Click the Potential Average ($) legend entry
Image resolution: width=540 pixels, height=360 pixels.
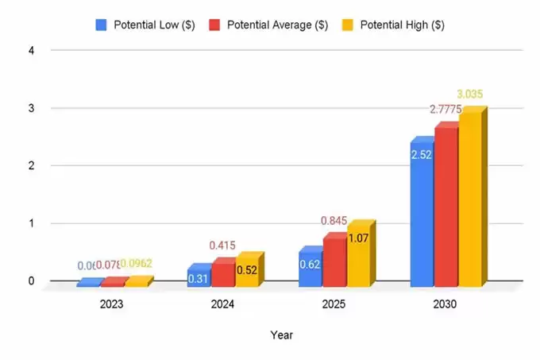[x=269, y=25]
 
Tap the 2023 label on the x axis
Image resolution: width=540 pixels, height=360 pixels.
[x=111, y=304]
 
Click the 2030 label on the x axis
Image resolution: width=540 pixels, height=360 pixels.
[x=445, y=304]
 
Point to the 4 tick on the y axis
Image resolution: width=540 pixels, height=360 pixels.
[x=33, y=50]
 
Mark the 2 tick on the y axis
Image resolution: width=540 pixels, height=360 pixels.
[x=33, y=165]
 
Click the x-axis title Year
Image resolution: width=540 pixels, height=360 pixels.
[x=281, y=335]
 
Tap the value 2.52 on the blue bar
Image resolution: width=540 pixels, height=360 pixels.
[x=421, y=154]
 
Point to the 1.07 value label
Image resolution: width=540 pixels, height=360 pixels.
[x=358, y=238]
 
